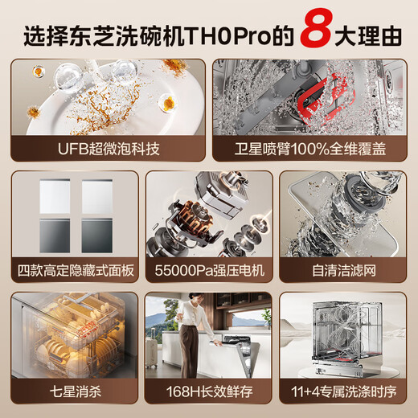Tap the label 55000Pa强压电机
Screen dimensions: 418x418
point(209,270)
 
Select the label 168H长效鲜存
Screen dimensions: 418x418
point(209,395)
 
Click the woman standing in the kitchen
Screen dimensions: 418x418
point(191,338)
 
